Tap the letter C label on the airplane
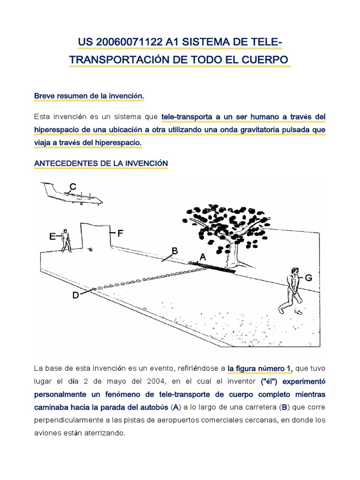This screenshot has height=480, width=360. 73,187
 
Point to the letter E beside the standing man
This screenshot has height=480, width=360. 52,237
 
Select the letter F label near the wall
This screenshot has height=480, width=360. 120,233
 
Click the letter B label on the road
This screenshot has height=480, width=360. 175,251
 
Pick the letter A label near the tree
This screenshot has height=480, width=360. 202,257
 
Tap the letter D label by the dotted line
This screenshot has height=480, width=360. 75,295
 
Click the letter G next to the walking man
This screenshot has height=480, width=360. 308,278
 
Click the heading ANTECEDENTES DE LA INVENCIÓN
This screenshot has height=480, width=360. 101,163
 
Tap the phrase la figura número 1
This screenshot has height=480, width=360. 260,369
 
